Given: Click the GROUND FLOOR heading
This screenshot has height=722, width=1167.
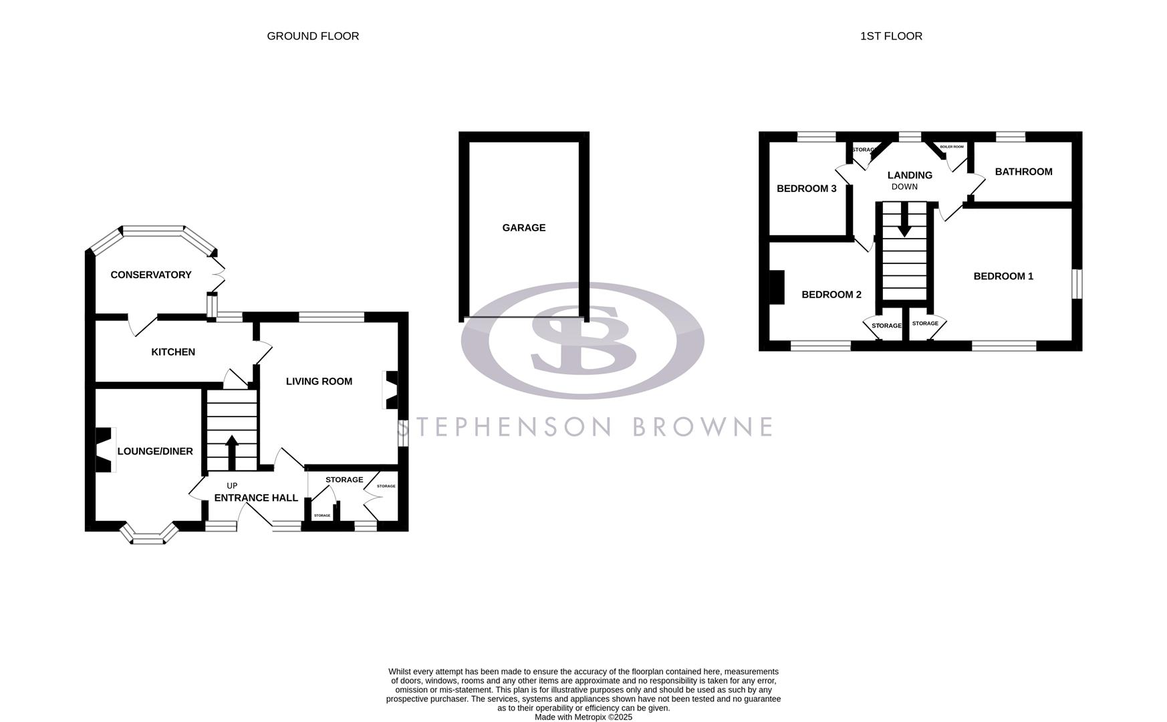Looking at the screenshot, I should pos(313,36).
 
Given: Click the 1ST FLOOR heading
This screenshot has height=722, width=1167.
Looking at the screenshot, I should pos(891,36).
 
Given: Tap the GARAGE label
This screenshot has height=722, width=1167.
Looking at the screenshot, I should pos(523,228).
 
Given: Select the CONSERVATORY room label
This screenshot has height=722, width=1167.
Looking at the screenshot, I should pos(151,275).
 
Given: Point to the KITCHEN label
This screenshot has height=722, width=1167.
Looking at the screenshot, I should pos(173,352).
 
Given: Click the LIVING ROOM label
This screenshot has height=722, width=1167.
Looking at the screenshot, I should pos(319,382).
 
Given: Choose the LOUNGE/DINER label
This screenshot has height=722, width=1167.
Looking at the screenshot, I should pos(155,451).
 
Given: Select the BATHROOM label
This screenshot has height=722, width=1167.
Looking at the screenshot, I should pos(1023,172).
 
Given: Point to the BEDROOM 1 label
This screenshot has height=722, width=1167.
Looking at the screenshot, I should pos(1003,276).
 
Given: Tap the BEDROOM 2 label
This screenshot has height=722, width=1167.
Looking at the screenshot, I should pos(831,295).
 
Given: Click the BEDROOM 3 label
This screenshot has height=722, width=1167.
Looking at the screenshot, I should pos(806,189).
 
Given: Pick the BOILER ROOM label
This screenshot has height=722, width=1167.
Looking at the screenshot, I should pos(952,146).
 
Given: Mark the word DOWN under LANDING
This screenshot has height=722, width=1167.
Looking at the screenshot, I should pos(904,187).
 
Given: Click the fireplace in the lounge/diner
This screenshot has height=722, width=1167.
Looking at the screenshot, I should pos(104,450).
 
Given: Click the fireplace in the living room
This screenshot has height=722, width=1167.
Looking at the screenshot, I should pos(390,390).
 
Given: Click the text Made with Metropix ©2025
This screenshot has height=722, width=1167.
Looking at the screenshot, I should pos(583,717).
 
